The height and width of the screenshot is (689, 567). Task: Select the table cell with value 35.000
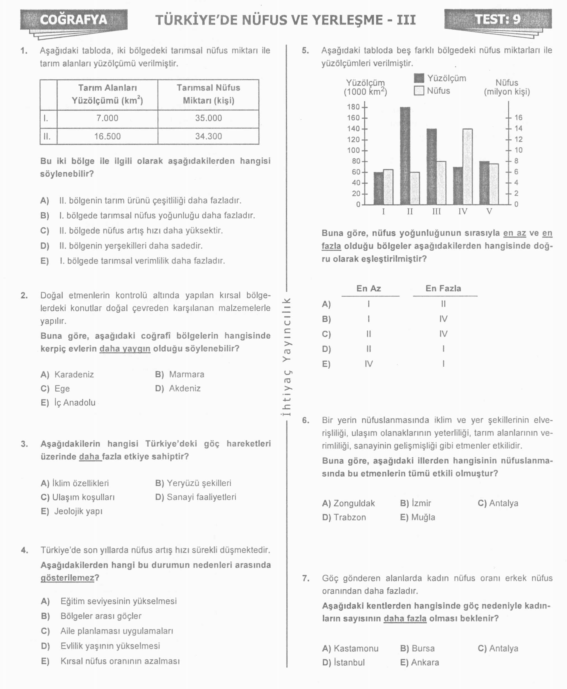[x=208, y=118]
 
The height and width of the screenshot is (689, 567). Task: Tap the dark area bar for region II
[x=405, y=156]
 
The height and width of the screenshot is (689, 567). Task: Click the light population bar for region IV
[x=467, y=167]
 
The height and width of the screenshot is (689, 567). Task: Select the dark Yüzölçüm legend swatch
[x=419, y=78]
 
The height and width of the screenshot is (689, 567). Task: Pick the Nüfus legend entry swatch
[x=419, y=91]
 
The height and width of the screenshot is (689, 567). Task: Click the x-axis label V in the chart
[x=489, y=212]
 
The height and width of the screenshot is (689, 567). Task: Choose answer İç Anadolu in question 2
[x=75, y=403]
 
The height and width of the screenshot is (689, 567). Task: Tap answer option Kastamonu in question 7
[x=356, y=648]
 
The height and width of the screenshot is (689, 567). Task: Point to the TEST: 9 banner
[x=498, y=19]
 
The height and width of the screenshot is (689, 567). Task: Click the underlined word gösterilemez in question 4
[x=67, y=578]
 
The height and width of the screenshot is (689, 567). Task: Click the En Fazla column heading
[x=443, y=288]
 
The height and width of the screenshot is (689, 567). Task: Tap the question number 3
[x=24, y=444]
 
